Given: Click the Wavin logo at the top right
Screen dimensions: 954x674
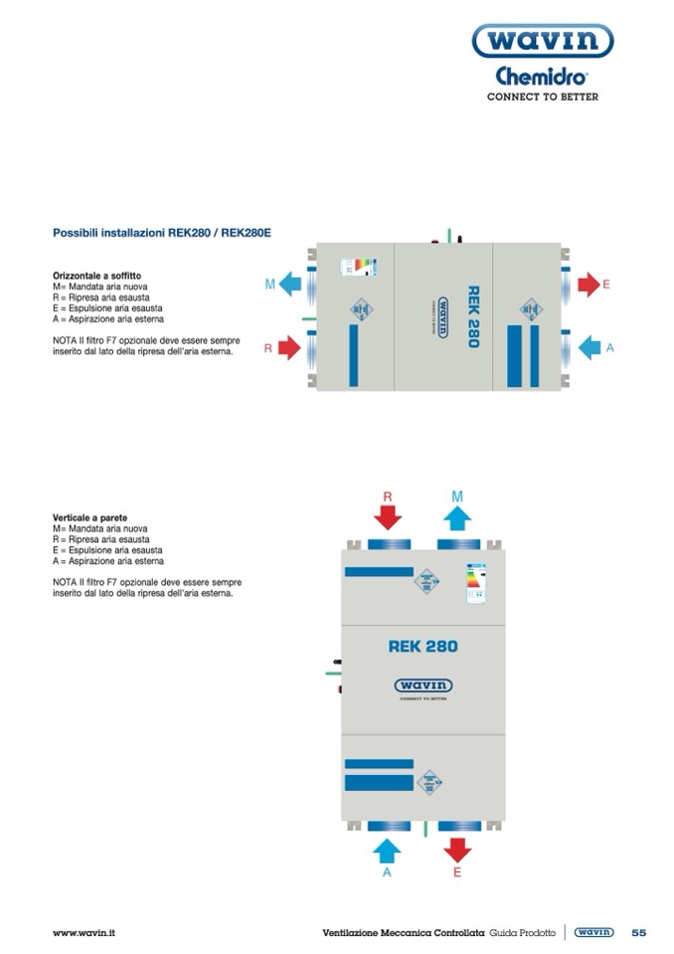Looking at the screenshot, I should click(x=542, y=41).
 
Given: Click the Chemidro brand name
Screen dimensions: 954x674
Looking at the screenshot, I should click(x=542, y=76).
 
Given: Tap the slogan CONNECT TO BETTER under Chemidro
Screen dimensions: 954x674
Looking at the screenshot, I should click(x=542, y=97).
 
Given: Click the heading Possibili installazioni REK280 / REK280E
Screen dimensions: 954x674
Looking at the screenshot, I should click(x=162, y=233).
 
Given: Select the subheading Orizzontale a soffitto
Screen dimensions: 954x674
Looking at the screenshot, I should click(x=96, y=275).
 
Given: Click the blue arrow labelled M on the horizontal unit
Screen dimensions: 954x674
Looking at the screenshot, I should click(x=291, y=286).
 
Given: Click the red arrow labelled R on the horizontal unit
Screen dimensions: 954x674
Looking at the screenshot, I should click(x=288, y=348).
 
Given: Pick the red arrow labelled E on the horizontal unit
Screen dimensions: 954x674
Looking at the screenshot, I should click(x=587, y=286).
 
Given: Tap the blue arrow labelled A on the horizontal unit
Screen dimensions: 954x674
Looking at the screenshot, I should click(x=589, y=347).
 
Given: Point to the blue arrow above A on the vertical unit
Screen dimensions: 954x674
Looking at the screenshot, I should click(x=387, y=849).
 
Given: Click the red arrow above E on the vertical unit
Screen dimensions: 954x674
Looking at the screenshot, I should click(x=457, y=849).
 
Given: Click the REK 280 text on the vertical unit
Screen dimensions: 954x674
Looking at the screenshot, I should click(x=422, y=647).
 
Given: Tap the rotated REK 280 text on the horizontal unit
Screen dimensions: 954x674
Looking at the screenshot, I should click(x=473, y=316).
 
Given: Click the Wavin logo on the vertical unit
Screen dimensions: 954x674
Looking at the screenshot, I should click(x=422, y=685).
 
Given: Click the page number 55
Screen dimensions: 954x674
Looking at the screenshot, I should click(x=638, y=932).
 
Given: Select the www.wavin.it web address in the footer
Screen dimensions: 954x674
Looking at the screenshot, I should click(x=84, y=932).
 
